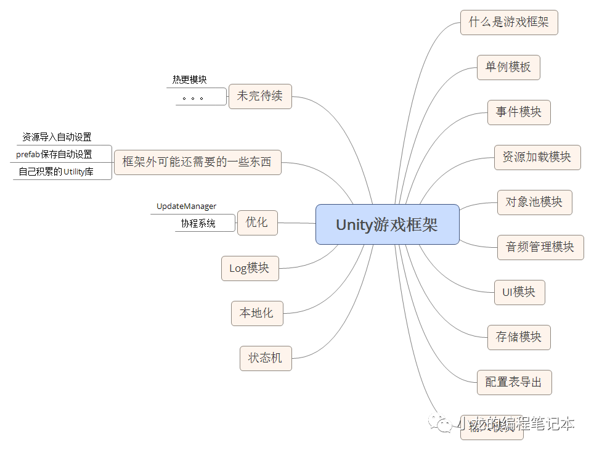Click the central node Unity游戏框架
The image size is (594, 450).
(x=387, y=224)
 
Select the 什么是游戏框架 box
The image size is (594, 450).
(x=509, y=22)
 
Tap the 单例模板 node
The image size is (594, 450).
(x=508, y=67)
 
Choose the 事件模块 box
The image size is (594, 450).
(x=519, y=112)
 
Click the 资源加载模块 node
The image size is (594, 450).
(x=537, y=157)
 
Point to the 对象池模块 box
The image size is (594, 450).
(x=534, y=202)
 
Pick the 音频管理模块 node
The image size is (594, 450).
(x=540, y=247)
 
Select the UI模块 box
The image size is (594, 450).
(x=519, y=292)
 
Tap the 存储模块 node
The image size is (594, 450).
(x=519, y=337)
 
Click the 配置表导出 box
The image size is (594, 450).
(x=514, y=382)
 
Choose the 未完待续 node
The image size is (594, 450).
(x=260, y=96)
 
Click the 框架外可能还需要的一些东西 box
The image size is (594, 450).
(x=197, y=163)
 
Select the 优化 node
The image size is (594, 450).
(x=257, y=223)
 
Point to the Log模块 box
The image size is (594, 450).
(x=250, y=268)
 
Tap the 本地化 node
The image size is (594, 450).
(x=256, y=313)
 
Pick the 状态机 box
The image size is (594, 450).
(x=266, y=358)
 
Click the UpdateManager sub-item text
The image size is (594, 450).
(x=187, y=207)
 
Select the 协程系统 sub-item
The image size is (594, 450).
(x=198, y=224)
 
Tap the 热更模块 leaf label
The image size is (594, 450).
(x=190, y=80)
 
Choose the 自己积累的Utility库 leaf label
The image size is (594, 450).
(x=56, y=171)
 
